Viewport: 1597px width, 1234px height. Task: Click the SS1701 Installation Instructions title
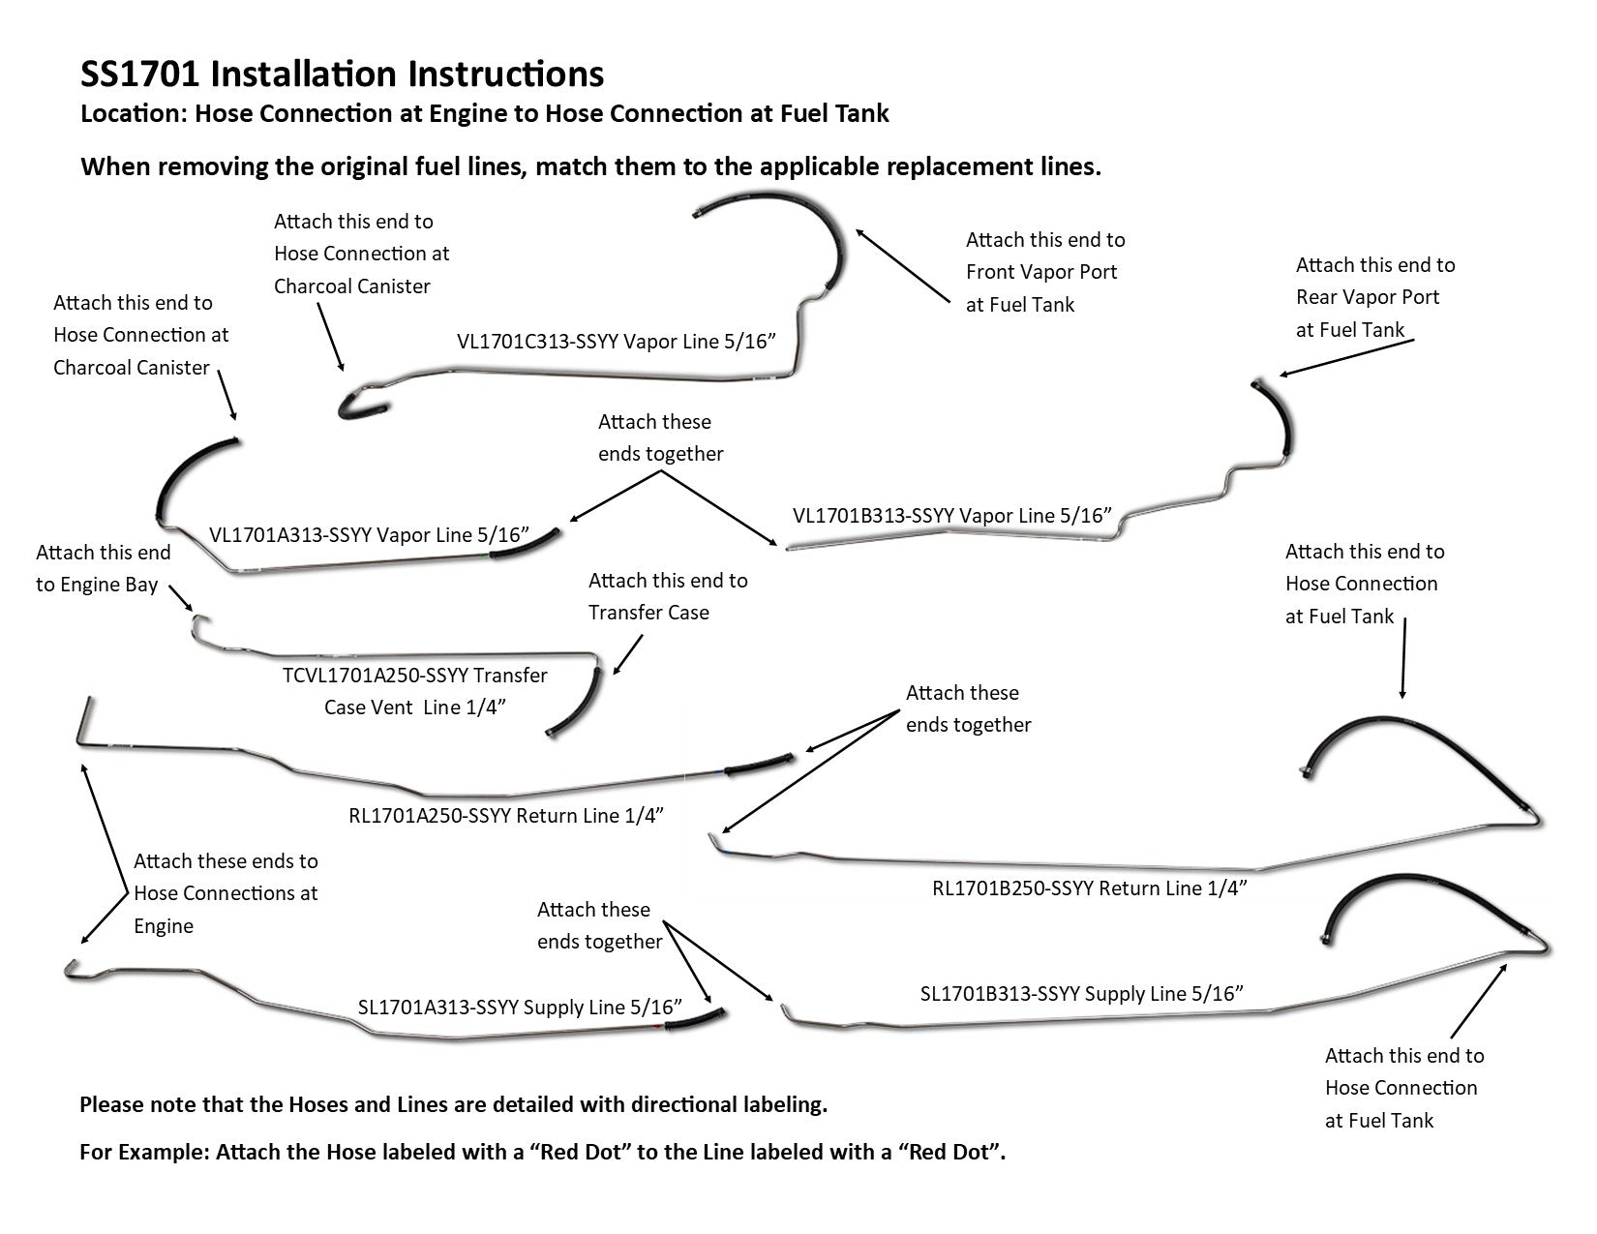click(x=342, y=75)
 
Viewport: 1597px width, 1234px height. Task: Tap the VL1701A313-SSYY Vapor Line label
click(x=370, y=534)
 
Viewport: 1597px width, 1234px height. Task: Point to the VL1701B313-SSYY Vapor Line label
click(x=950, y=515)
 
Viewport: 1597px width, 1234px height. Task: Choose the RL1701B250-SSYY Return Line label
click(x=1089, y=888)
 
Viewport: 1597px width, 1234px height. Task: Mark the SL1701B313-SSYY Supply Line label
click(x=1081, y=993)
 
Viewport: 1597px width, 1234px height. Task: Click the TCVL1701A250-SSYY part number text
click(x=415, y=676)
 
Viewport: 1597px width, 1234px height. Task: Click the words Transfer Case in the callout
click(x=648, y=613)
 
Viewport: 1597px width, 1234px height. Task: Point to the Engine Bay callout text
click(x=97, y=585)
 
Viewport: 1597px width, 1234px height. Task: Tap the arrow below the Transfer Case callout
click(x=628, y=654)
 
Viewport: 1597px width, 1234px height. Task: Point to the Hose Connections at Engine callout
click(x=226, y=893)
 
